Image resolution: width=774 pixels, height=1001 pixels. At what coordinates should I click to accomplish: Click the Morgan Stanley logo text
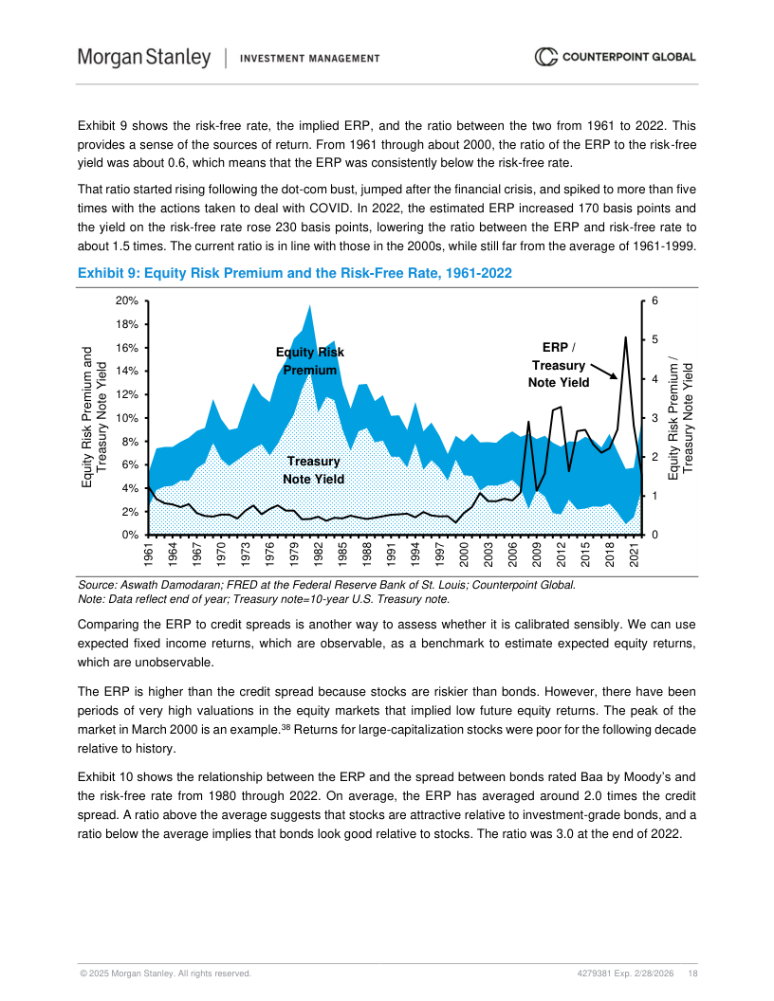click(144, 58)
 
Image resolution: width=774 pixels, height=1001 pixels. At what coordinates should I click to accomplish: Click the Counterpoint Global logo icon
click(545, 57)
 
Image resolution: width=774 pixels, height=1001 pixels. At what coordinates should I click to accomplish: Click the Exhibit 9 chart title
click(294, 274)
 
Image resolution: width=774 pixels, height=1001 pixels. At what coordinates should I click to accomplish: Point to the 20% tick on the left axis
click(127, 300)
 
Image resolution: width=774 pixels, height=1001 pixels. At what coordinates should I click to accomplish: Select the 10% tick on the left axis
click(127, 418)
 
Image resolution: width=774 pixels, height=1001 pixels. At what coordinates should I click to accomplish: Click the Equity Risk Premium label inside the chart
click(309, 361)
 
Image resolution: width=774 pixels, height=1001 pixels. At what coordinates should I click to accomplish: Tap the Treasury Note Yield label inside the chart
click(313, 470)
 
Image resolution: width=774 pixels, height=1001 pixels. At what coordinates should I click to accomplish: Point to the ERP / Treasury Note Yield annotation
click(558, 365)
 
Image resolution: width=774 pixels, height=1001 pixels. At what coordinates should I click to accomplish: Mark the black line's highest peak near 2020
click(625, 337)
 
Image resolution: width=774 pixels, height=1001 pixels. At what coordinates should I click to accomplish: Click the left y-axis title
click(92, 418)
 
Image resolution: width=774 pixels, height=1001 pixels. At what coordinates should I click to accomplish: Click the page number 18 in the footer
click(693, 974)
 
